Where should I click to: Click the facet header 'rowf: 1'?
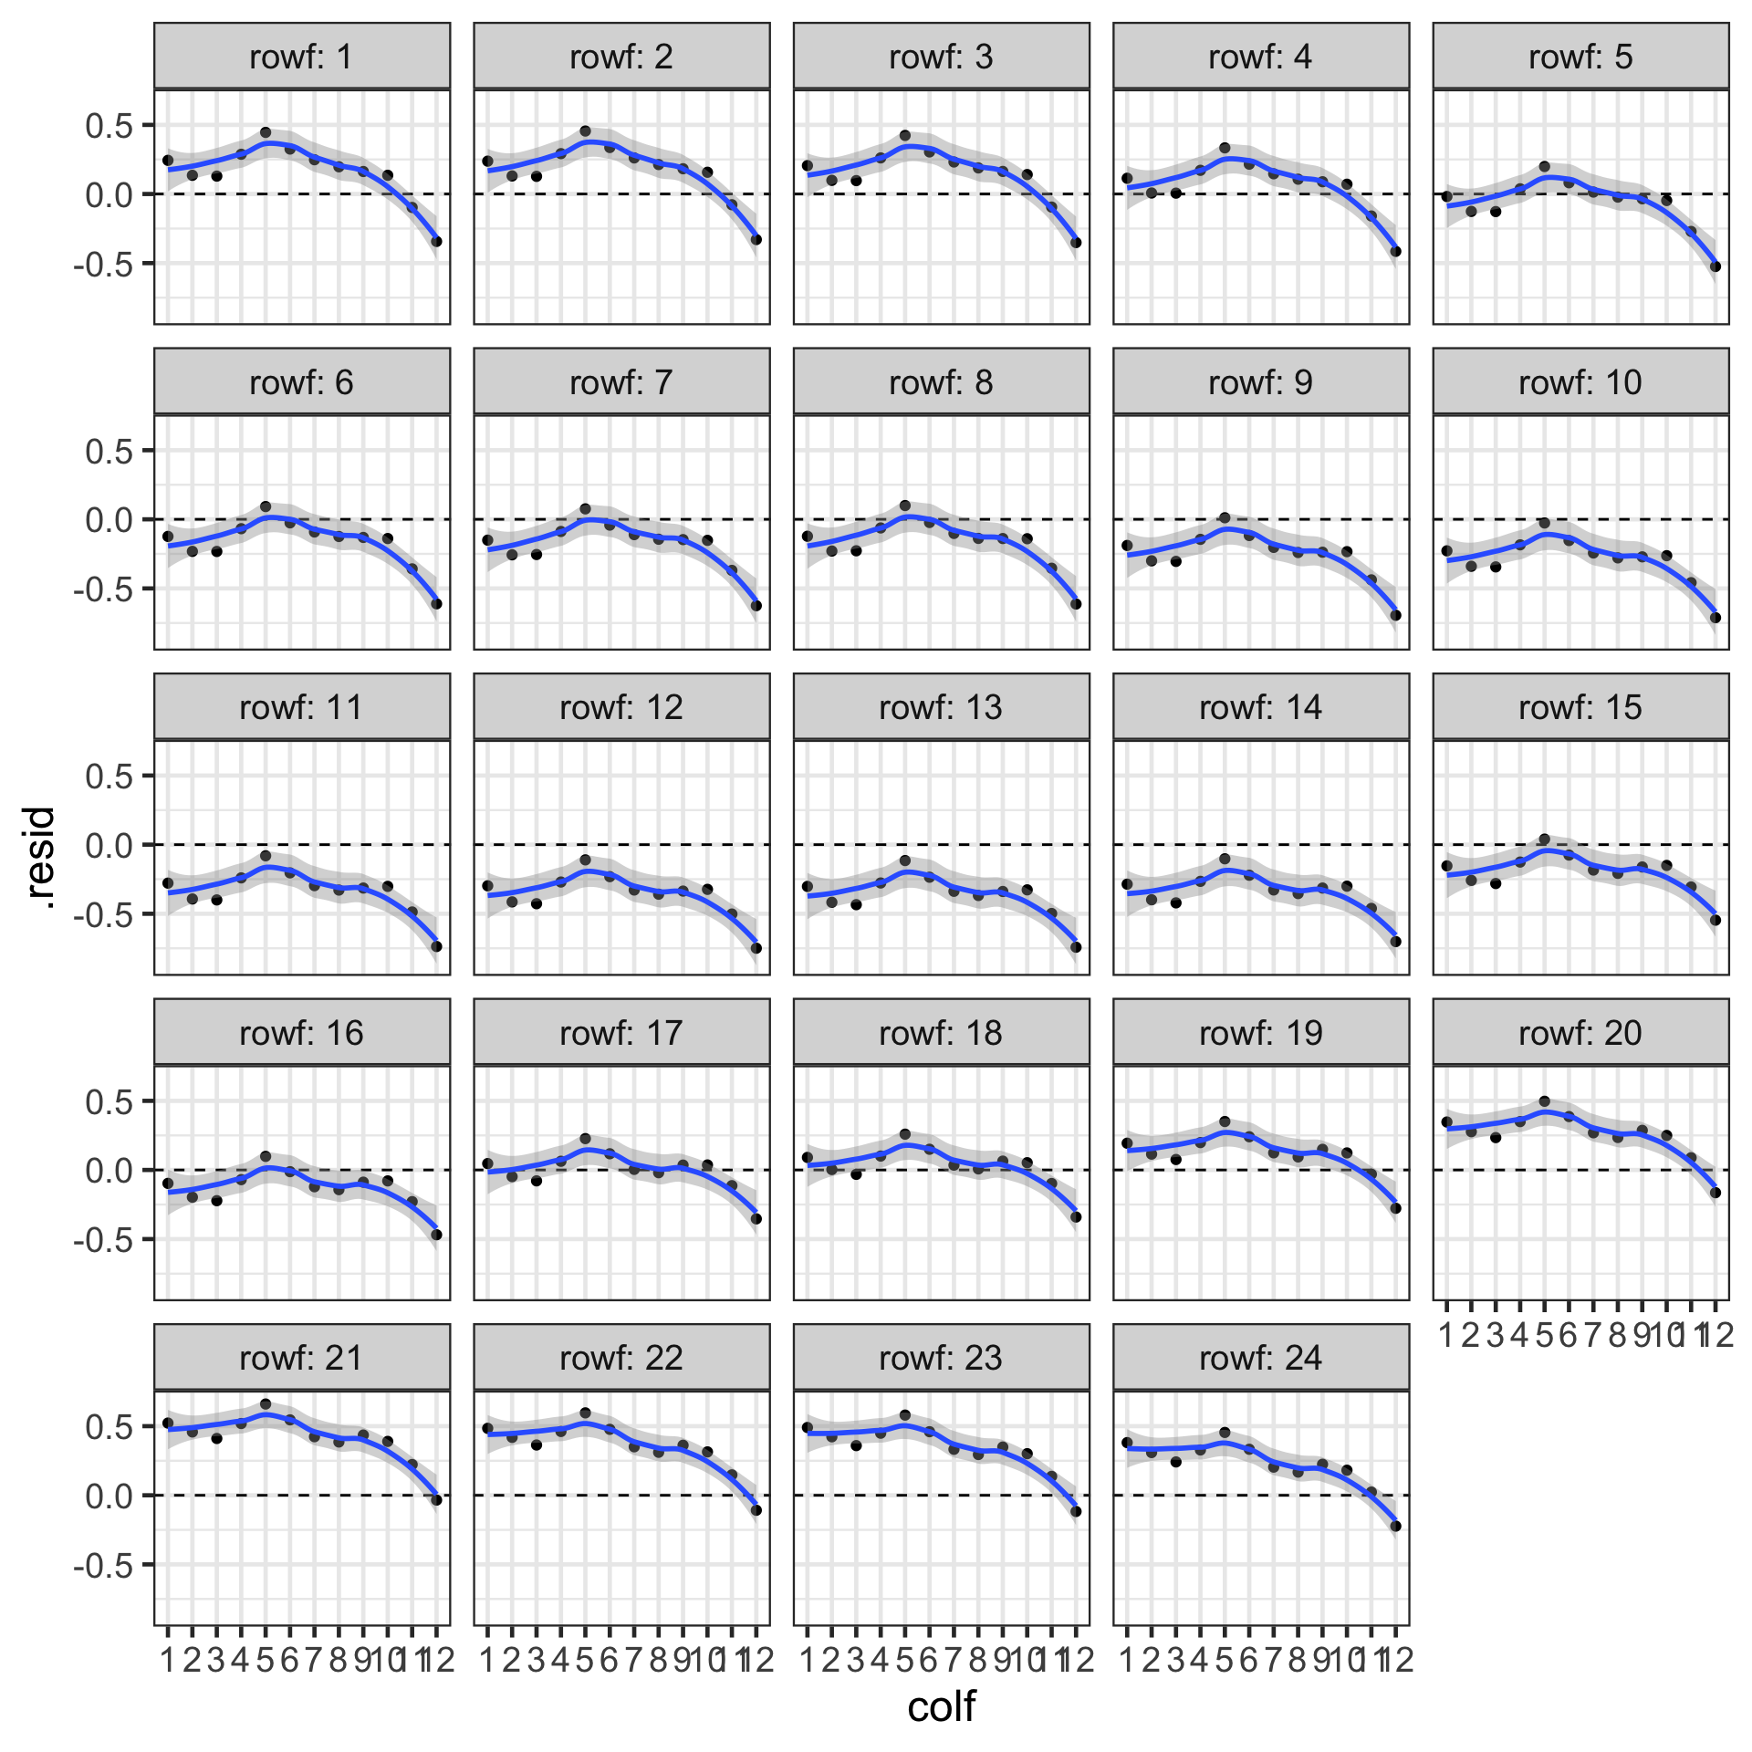coord(301,57)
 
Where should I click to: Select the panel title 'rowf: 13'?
coord(941,707)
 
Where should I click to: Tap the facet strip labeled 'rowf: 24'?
coord(1260,1358)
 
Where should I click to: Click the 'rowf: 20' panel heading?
coord(1580,1033)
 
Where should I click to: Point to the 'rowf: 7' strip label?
coord(621,382)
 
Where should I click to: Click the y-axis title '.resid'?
coord(41,858)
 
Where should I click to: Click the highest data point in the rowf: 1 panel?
coord(266,132)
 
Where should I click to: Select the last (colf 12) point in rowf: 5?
coord(1715,266)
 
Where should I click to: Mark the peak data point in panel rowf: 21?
coord(266,1404)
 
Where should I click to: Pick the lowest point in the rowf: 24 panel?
coord(1395,1526)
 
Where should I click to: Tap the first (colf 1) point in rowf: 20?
coord(1446,1122)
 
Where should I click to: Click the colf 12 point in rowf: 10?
coord(1715,618)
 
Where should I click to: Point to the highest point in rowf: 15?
coord(1544,839)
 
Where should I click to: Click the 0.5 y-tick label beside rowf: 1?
coord(109,125)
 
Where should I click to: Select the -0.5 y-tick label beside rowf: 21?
coord(103,1566)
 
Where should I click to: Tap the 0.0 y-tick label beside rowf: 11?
coord(109,846)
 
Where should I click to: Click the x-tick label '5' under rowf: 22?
coord(585,1660)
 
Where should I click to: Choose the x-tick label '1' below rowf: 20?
coord(1446,1335)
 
